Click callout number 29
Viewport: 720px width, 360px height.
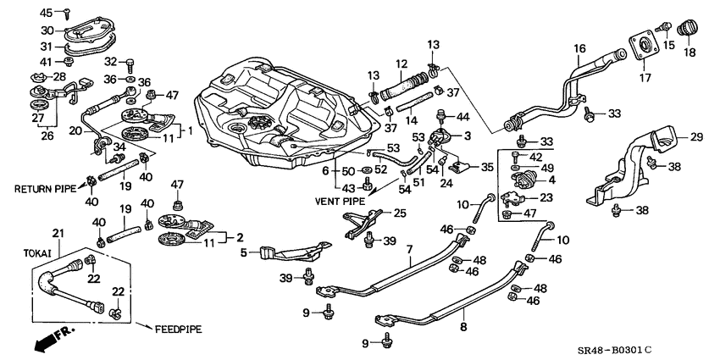[x=696, y=136]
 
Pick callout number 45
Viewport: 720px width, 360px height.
[x=46, y=12]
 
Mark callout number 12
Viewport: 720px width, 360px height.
[x=402, y=64]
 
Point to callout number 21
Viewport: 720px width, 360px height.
[x=58, y=233]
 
